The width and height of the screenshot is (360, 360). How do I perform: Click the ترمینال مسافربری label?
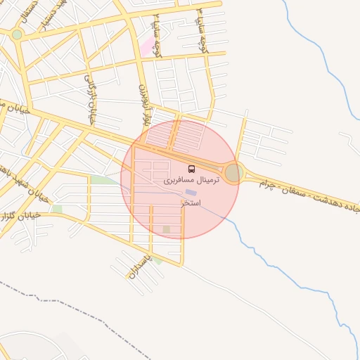[191, 181]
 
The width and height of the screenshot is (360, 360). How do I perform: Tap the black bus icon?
[192, 169]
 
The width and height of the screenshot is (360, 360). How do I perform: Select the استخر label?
[190, 203]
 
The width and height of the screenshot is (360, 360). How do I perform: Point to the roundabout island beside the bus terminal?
[233, 172]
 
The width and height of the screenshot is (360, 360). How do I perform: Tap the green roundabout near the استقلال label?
[17, 34]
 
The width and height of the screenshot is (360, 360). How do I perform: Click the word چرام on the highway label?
[266, 182]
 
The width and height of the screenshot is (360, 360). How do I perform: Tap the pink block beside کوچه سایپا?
[147, 47]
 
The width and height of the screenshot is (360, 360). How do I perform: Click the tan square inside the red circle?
[166, 229]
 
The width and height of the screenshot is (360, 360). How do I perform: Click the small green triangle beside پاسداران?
[158, 261]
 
